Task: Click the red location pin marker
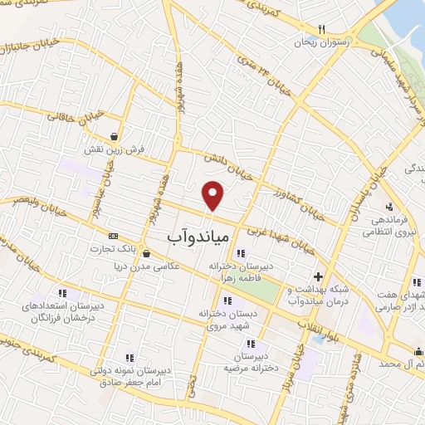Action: [x=214, y=195]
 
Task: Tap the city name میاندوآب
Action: [x=198, y=237]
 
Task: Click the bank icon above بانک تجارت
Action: [x=114, y=236]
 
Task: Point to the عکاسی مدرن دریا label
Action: [x=147, y=266]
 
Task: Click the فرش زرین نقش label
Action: [x=115, y=150]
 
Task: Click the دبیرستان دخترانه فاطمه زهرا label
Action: [x=241, y=274]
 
